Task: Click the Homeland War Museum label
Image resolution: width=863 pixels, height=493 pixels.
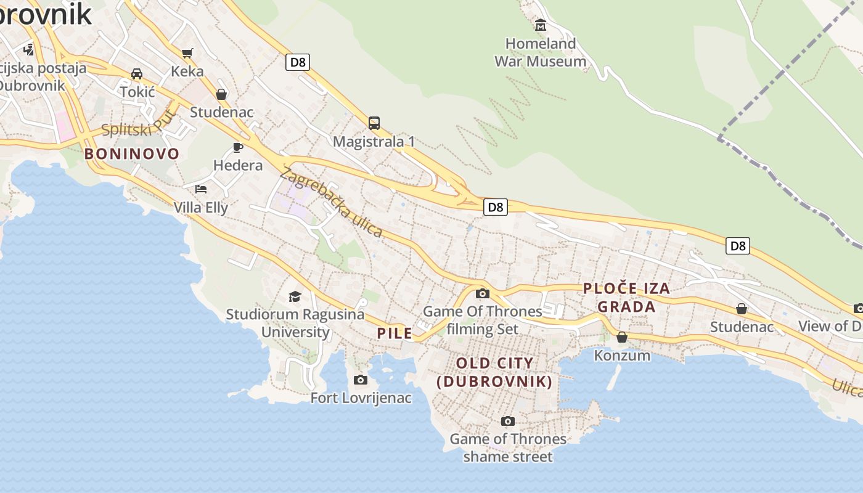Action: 541,52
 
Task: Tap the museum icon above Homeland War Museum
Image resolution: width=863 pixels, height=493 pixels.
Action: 541,25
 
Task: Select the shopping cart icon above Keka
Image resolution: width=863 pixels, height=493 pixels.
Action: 187,53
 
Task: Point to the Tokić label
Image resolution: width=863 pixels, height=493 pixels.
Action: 137,92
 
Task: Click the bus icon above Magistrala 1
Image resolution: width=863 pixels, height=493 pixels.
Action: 374,123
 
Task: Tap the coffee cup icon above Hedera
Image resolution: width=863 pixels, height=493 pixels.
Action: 238,147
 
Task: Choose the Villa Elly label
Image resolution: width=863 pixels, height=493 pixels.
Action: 201,207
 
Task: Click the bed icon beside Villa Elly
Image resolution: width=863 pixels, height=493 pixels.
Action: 201,189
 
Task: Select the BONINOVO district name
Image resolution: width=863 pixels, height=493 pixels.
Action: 132,154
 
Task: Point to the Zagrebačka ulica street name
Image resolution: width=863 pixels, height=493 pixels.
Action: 331,202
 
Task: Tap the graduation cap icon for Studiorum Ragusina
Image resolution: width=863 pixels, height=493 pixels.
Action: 295,296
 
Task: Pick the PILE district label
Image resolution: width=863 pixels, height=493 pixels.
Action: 395,333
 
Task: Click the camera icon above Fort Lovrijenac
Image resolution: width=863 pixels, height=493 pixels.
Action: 361,380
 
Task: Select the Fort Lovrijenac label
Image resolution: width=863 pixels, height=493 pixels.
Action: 361,397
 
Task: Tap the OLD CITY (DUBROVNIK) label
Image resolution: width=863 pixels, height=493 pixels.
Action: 494,372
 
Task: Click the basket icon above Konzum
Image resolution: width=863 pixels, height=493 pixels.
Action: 622,337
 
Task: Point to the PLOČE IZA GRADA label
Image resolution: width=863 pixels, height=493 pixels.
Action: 626,297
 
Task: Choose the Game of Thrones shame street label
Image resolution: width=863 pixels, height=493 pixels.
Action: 508,447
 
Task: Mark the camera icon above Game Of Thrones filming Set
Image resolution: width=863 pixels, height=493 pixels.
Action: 483,293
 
